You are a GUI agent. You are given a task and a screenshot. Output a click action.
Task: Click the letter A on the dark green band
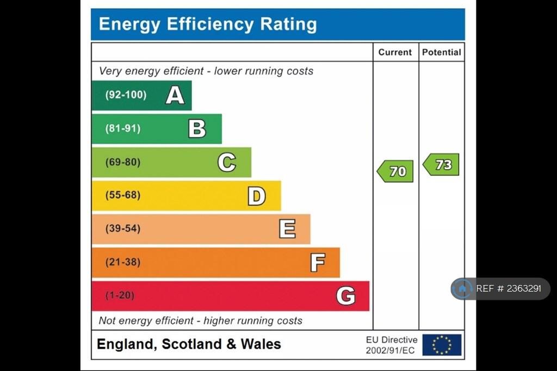(175, 95)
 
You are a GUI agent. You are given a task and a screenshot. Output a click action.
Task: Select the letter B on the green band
(197, 129)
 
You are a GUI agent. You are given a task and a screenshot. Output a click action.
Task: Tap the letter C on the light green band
(226, 162)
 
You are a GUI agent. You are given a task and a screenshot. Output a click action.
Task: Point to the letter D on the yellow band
(256, 196)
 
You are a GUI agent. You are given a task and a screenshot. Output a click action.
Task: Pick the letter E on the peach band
(287, 229)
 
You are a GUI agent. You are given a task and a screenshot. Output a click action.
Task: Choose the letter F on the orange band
(317, 263)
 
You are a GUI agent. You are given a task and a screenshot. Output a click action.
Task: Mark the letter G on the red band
(345, 296)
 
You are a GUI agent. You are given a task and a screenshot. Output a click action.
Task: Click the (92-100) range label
(126, 95)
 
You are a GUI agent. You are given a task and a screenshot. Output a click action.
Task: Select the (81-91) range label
(123, 129)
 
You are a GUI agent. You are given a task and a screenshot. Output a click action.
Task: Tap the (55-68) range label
(123, 195)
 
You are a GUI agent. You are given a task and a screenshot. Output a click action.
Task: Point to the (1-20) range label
(120, 295)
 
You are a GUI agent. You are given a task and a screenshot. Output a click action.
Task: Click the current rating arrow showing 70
(395, 171)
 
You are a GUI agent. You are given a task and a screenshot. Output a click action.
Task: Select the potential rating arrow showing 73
(441, 164)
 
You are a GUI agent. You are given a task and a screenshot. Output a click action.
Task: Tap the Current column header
(395, 52)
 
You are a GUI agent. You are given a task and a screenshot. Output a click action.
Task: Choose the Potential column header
(441, 52)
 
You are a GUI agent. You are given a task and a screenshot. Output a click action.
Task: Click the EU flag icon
(442, 345)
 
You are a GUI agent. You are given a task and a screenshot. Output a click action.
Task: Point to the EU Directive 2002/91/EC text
(391, 345)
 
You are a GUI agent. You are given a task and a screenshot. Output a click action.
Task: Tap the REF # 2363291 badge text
(509, 289)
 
